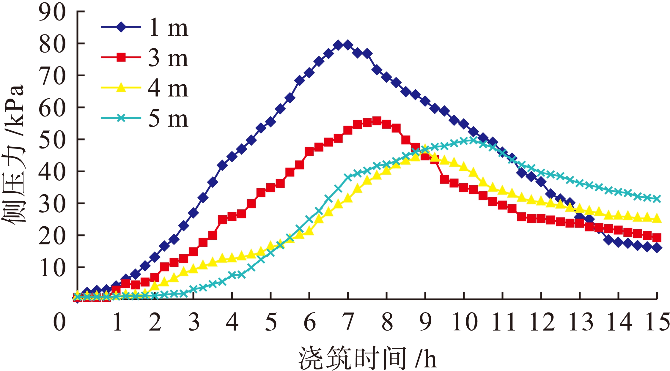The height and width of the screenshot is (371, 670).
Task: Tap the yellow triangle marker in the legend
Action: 121,88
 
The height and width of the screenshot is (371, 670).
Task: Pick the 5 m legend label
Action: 168,119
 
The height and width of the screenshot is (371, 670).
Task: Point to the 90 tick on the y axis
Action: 52,12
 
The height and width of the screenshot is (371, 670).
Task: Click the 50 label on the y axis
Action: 52,140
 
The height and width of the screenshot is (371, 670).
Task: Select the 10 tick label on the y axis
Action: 52,268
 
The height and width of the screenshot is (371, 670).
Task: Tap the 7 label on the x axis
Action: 348,322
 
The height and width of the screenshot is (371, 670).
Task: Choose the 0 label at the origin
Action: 59,322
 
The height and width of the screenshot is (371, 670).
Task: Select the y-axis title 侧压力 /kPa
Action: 13,154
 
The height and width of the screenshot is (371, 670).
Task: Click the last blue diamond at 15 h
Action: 657,248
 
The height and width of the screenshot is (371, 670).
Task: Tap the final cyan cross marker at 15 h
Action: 657,199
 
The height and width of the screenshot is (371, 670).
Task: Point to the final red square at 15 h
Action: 657,238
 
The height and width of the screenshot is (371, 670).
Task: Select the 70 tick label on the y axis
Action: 52,76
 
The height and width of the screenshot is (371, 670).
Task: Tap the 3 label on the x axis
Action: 194,322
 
